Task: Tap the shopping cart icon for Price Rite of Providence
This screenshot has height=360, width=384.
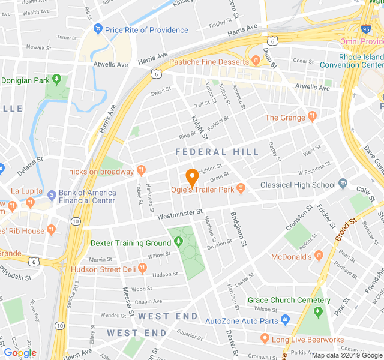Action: point(98,29)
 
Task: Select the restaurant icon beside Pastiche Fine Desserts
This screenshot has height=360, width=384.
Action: point(255,62)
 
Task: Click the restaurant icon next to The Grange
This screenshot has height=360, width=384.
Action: point(311,117)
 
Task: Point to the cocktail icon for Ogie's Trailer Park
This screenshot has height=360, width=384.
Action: point(241,190)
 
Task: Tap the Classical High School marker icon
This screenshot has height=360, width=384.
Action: point(343,184)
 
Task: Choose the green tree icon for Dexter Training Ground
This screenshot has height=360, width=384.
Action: point(178,242)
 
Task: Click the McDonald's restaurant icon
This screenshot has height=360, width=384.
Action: point(319,256)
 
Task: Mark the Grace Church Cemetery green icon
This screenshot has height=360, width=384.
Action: point(318,312)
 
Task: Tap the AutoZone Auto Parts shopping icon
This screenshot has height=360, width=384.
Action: point(285,320)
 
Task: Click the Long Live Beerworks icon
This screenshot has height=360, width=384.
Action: point(264,340)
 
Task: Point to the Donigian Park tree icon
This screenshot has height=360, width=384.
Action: point(56,79)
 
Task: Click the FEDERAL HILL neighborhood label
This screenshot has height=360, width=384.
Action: point(217,152)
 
